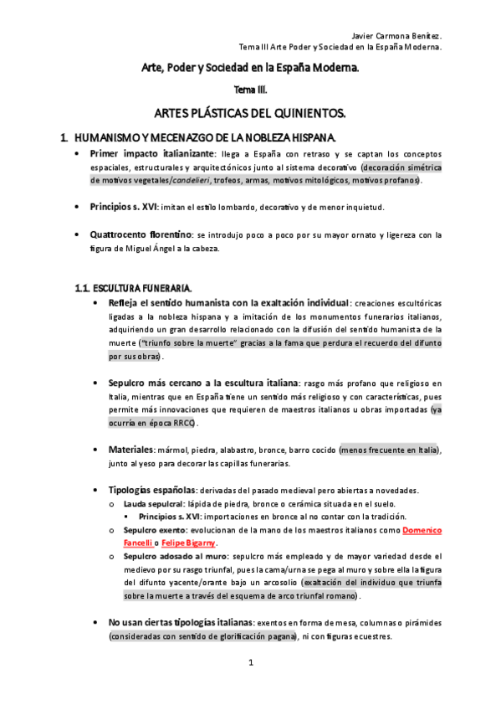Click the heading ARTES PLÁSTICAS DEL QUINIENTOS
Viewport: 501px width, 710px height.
pyautogui.click(x=250, y=111)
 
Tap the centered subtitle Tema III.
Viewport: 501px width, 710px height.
pyautogui.click(x=250, y=90)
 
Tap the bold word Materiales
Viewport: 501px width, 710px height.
pyautogui.click(x=130, y=450)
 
